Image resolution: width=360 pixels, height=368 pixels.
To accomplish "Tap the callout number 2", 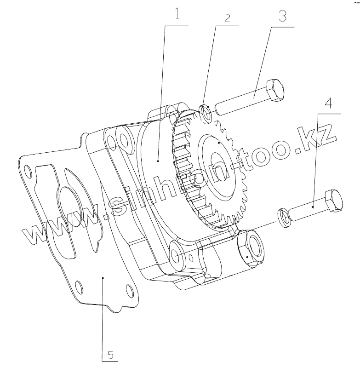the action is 227,18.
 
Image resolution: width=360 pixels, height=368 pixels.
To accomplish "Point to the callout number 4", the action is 328,103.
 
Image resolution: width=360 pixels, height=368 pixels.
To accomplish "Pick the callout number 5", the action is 111,355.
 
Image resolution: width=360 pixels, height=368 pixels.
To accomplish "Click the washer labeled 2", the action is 206,113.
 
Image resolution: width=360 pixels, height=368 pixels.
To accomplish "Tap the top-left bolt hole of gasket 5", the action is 29,172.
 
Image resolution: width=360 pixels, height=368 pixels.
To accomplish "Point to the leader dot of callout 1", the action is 158,161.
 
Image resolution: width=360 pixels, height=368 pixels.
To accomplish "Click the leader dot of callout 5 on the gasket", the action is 103,277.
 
